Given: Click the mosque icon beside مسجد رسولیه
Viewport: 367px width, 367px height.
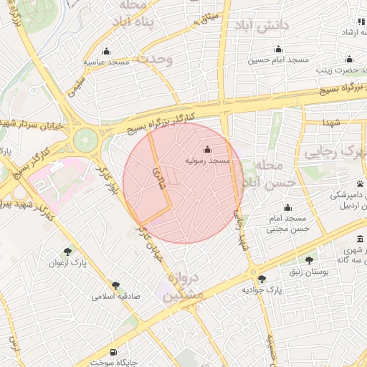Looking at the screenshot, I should pos(208,150).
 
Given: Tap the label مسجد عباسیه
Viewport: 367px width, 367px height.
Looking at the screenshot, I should pos(107,62).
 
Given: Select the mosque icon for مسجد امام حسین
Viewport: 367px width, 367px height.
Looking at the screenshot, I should pos(274,49).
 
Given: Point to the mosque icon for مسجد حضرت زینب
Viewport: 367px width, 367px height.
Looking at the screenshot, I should pos(349,59).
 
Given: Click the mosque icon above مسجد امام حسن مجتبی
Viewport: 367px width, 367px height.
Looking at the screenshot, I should pos(287,207).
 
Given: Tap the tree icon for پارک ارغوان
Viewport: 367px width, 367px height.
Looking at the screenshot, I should pos(68,251).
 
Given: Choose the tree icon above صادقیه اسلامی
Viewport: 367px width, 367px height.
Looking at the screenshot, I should pos(115,285).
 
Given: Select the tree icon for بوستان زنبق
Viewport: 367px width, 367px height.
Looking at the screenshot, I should pos(309,259).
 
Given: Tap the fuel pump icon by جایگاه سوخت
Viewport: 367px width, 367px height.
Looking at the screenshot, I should pos(114,352).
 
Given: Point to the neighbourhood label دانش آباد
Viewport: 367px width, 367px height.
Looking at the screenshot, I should pos(266,25).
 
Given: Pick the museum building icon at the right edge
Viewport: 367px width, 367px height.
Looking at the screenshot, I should pos(360,240).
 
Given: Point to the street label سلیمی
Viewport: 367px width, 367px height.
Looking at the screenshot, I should pos(75,87).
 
